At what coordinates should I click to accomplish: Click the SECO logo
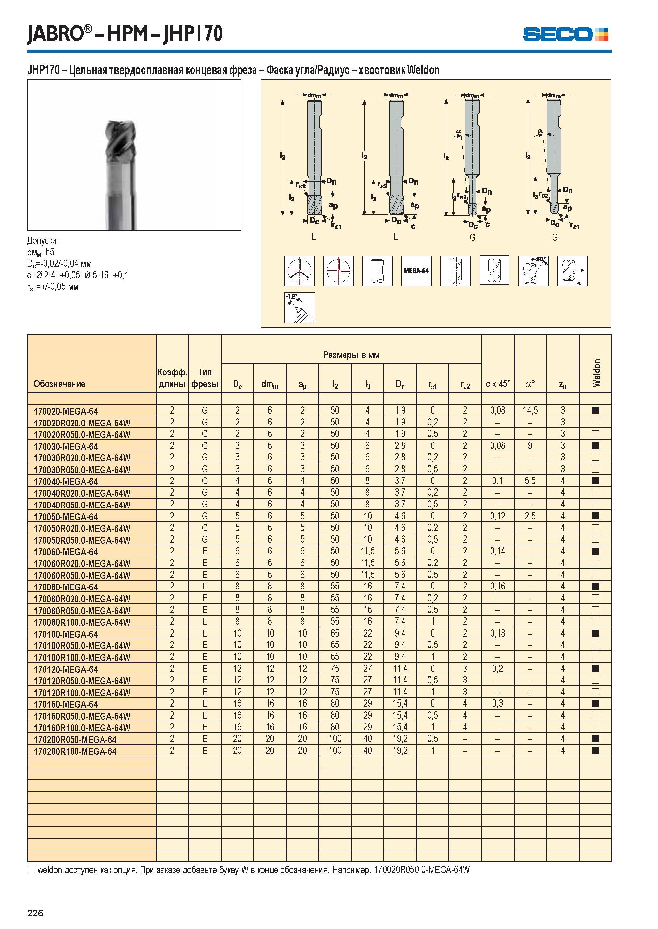pos(565,34)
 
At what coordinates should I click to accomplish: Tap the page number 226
pos(35,913)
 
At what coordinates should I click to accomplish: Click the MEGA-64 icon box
pos(416,271)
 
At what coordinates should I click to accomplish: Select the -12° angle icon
pos(300,308)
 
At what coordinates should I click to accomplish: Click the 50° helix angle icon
pos(533,271)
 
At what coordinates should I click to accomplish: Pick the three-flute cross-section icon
pos(299,271)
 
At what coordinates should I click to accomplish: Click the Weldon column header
pos(596,373)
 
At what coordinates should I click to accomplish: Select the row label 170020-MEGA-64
pos(66,411)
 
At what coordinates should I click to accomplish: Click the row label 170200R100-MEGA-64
pos(75,751)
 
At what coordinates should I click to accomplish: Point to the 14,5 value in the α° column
pos(530,410)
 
